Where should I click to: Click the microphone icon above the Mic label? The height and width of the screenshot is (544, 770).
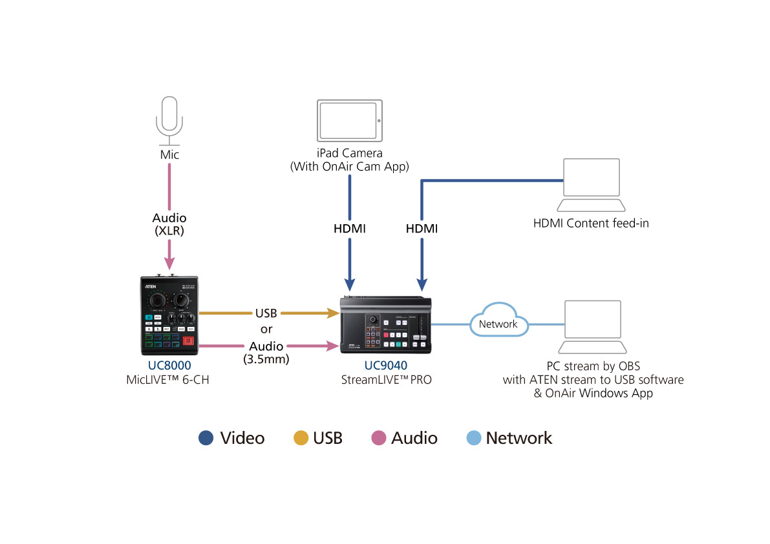[169, 120]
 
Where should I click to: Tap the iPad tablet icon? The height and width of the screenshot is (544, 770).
[349, 120]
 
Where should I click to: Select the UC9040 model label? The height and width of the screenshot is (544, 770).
[385, 366]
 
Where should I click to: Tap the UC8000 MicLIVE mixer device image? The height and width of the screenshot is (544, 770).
[169, 315]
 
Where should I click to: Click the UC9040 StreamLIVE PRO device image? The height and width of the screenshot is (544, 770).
[385, 324]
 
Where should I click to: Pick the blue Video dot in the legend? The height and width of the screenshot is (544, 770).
[206, 438]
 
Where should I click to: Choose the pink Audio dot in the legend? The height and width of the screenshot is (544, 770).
[379, 438]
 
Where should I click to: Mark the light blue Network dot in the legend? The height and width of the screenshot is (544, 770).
[474, 438]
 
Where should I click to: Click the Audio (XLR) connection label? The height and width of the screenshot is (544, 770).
[169, 224]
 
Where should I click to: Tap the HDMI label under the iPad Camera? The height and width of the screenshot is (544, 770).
[350, 229]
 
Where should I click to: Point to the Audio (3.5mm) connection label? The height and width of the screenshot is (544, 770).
[266, 353]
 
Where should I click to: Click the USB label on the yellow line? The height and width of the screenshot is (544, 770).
[266, 313]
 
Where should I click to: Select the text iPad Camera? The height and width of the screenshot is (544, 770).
[350, 154]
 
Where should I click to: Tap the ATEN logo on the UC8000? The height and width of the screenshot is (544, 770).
[151, 282]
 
